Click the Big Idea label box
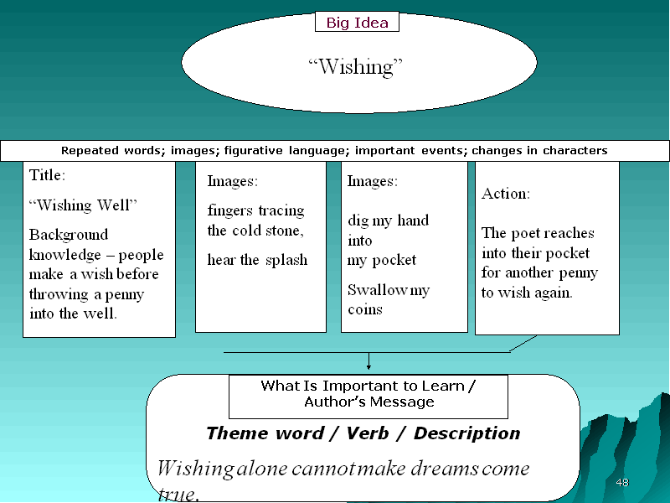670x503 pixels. [357, 22]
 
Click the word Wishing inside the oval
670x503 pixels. [355, 67]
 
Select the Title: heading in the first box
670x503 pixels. [47, 175]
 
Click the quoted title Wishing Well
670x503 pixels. [83, 205]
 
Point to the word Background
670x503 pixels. [69, 235]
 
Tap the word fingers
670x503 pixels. [229, 211]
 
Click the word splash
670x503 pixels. [286, 260]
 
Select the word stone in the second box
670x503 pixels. [285, 231]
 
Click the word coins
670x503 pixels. [365, 309]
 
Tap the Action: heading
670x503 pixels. [506, 194]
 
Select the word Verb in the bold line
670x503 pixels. [368, 433]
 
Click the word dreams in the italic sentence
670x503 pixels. [444, 469]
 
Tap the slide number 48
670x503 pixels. [622, 483]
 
